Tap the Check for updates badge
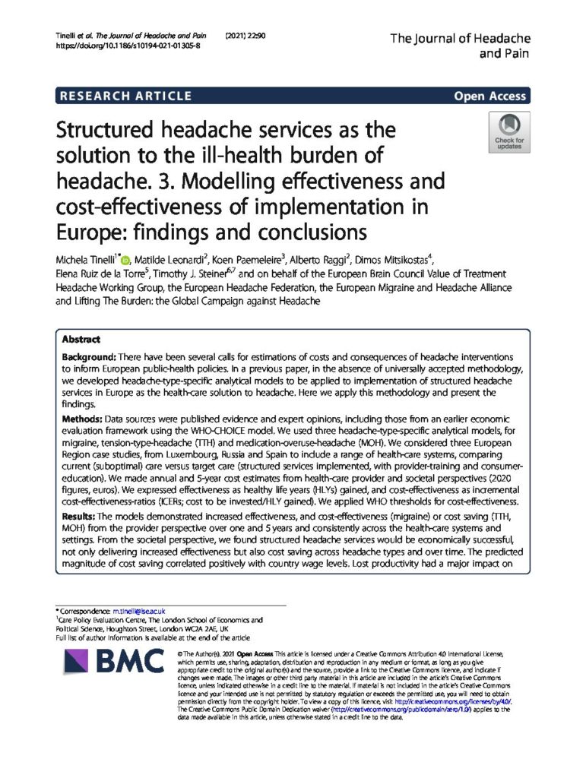coord(508,132)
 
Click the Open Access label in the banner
coord(489,96)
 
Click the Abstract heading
coord(81,340)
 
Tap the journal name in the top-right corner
coord(460,46)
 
